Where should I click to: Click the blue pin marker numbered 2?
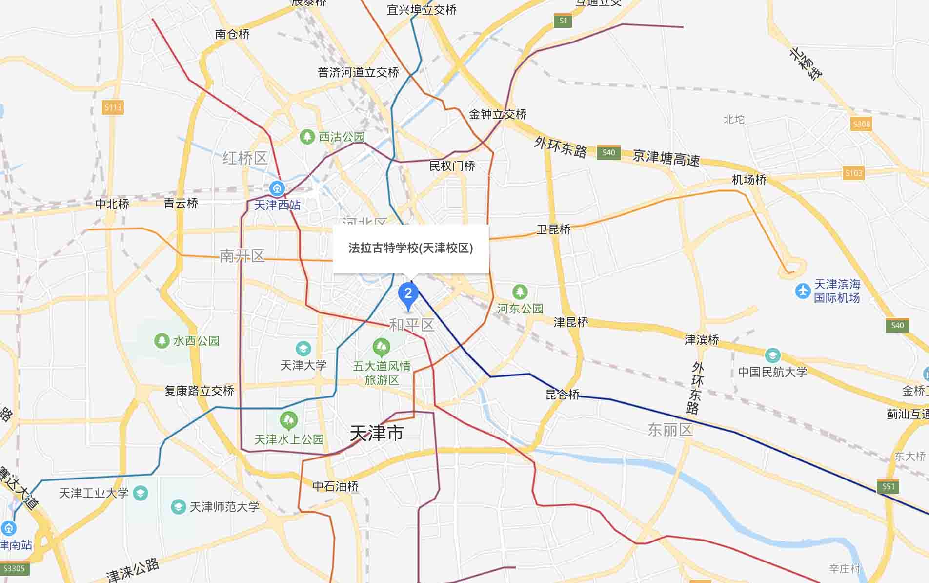coord(408,294)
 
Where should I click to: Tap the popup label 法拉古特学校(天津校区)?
coord(410,248)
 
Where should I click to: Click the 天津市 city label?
coord(377,433)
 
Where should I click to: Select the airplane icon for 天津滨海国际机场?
coord(803,291)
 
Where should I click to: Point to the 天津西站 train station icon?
coord(277,188)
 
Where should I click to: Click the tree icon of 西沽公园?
coord(307,137)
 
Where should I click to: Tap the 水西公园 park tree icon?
coord(162,340)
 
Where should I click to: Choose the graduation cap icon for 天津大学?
coord(303,349)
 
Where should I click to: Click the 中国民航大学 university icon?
coord(772,355)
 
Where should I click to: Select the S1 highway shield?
coord(563,21)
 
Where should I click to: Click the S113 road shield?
coord(113,107)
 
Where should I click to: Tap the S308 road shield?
coord(861,124)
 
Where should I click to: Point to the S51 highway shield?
coord(889,486)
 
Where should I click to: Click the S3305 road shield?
coord(14,568)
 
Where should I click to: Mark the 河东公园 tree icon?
coord(520,292)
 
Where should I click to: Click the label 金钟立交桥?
coord(498,114)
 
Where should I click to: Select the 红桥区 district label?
coord(245,158)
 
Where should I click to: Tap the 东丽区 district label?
coord(670,430)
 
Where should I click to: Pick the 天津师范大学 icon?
coord(178,506)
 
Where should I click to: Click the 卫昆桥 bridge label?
coord(553,229)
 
